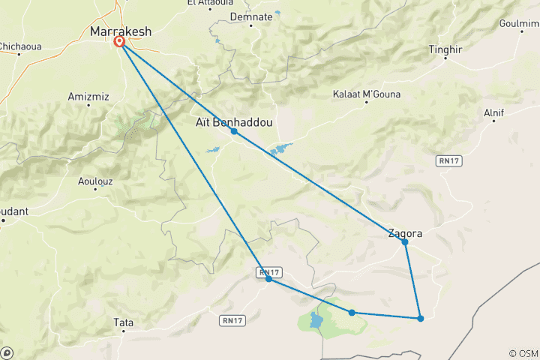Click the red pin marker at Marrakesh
click(x=119, y=43)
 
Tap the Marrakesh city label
click(x=121, y=31)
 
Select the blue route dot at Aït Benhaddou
click(x=234, y=131)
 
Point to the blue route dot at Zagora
click(x=405, y=242)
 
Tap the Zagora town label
click(x=405, y=233)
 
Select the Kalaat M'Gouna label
click(x=366, y=94)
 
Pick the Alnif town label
click(x=494, y=112)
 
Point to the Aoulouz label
click(x=97, y=181)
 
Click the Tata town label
click(x=123, y=323)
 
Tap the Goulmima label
click(x=519, y=23)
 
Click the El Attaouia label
click(x=209, y=3)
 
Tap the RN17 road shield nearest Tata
click(x=231, y=320)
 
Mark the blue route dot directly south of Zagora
click(x=421, y=319)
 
